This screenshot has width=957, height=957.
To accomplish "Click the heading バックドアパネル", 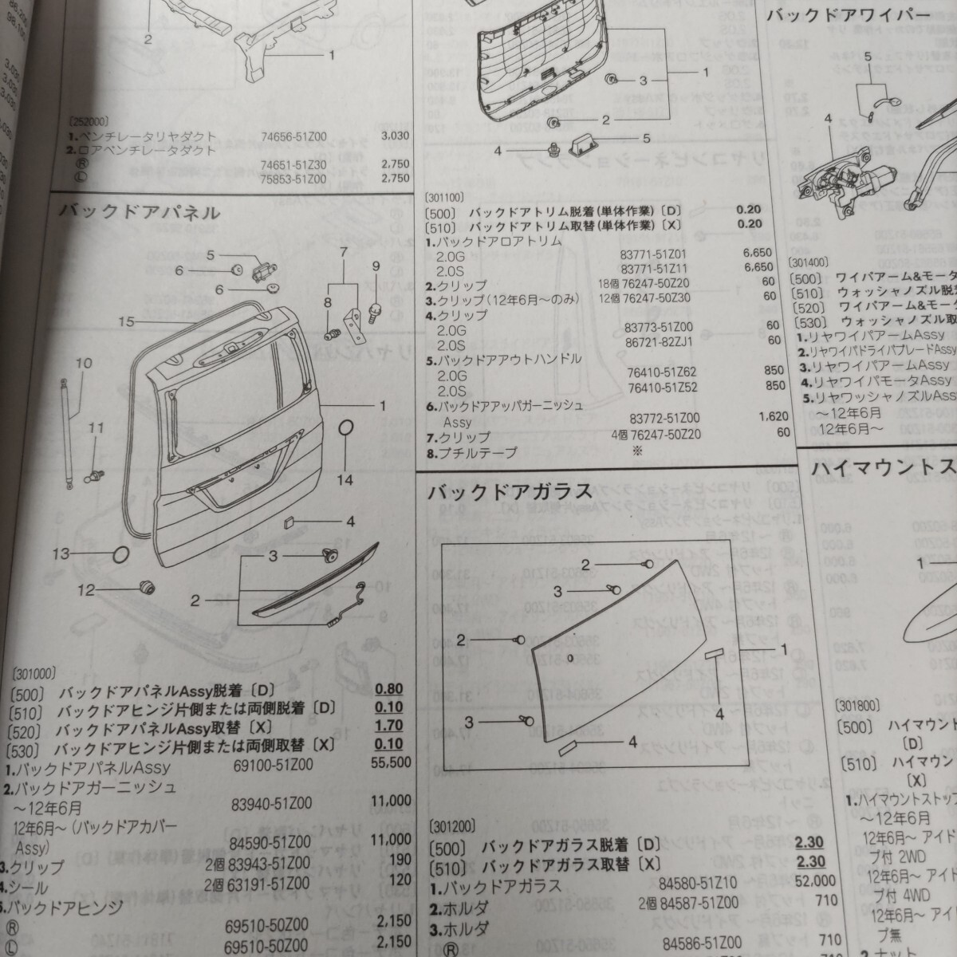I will pyautogui.click(x=140, y=212).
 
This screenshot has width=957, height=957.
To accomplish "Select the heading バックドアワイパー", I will pyautogui.click(x=849, y=15).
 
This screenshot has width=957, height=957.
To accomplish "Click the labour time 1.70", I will pyautogui.click(x=388, y=727).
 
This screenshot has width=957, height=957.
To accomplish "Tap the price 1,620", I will pyautogui.click(x=774, y=416).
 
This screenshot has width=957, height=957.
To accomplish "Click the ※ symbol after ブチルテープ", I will pyautogui.click(x=636, y=451).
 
